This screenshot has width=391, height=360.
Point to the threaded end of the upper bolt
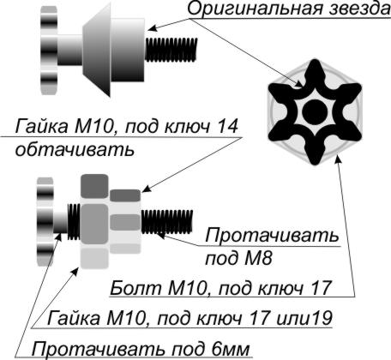(171, 50)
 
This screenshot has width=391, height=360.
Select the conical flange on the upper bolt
(97, 50)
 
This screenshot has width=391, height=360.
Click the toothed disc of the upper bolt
(49, 51)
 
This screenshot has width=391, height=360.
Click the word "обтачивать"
(75, 149)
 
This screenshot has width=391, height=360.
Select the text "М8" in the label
(258, 259)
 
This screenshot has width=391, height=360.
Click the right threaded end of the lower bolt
(167, 221)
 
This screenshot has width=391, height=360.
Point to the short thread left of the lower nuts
(74, 222)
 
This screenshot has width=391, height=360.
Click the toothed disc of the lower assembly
(45, 221)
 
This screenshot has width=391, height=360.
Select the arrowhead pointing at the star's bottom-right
(338, 159)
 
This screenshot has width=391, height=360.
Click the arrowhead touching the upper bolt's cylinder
(153, 28)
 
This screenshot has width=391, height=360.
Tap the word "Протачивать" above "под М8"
(272, 236)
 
